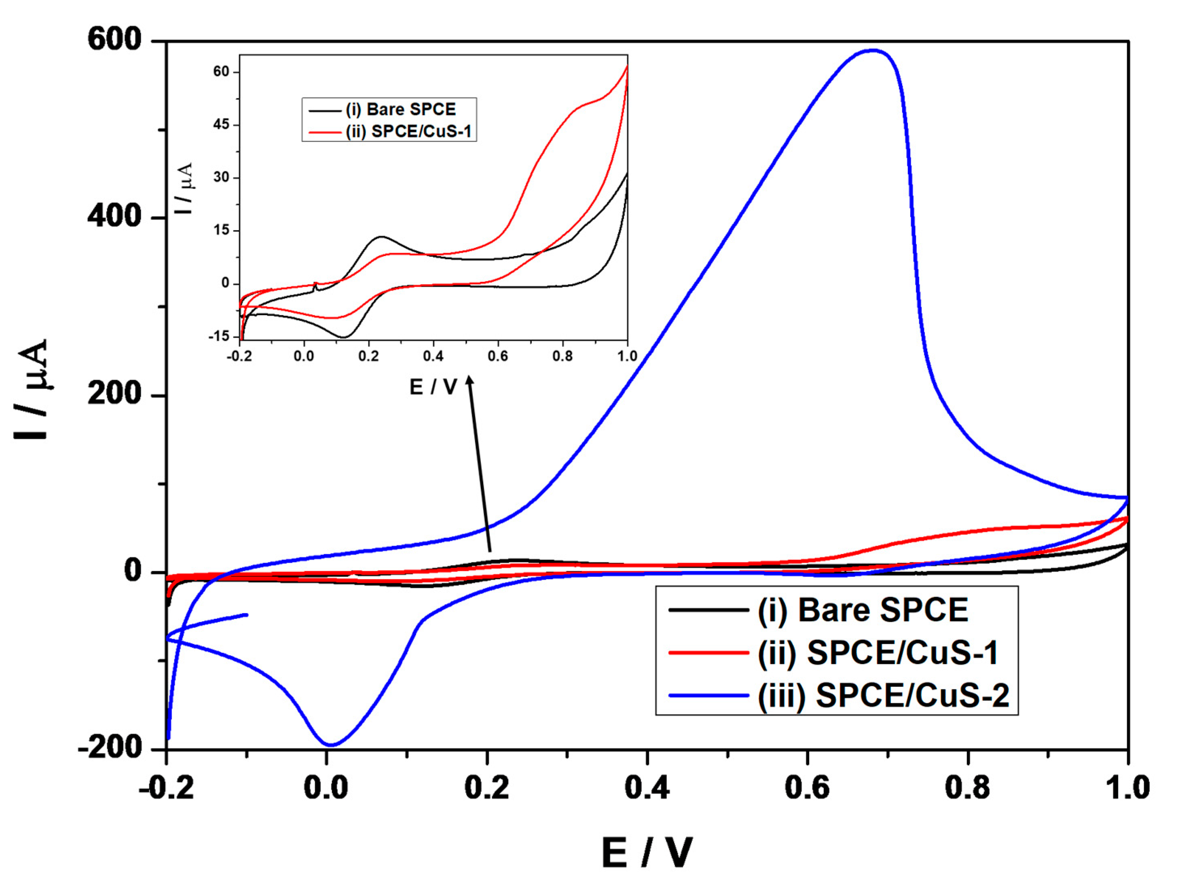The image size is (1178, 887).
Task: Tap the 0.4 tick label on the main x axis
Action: [x=647, y=788]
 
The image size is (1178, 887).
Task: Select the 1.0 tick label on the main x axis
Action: [x=1127, y=788]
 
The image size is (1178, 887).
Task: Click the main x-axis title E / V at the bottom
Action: [x=647, y=852]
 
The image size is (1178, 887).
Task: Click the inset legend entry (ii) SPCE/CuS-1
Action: [x=408, y=131]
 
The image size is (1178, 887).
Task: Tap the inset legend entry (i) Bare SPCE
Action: [x=400, y=109]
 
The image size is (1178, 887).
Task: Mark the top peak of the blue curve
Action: [x=872, y=51]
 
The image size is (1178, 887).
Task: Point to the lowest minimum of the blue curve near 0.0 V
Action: [x=330, y=745]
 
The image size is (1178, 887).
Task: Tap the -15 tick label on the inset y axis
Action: [x=219, y=336]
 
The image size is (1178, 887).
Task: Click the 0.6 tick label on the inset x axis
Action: [x=497, y=356]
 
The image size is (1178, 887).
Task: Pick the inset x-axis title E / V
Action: [x=433, y=387]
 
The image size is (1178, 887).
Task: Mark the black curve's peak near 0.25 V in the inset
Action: [x=381, y=237]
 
